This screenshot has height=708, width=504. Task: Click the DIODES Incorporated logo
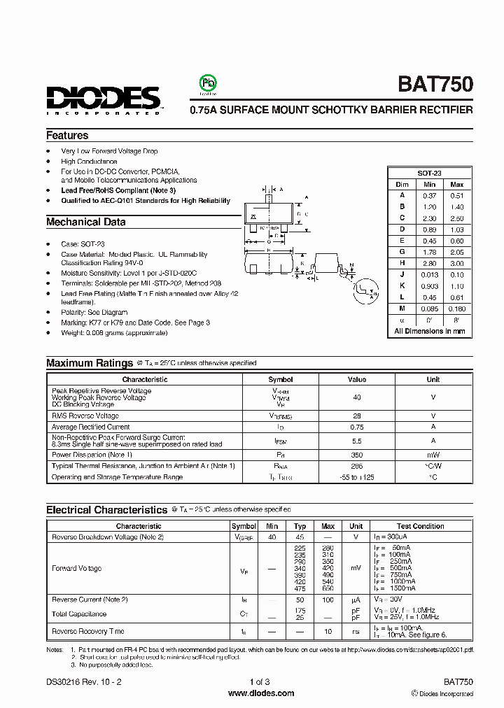pos(104,99)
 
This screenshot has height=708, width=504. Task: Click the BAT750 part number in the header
pos(435,85)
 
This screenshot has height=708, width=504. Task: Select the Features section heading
pos(67,136)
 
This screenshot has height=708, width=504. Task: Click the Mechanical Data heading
pos(86,222)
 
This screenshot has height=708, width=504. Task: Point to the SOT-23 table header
pos(429,173)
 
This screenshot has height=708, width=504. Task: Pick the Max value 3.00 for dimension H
pos(457,263)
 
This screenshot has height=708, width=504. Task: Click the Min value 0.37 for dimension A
pos(429,196)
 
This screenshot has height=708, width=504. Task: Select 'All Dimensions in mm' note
pos(429,331)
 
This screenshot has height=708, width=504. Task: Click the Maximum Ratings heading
pos(90,363)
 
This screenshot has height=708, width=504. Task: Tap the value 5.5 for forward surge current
pos(357,441)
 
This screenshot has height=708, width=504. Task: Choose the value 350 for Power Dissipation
pos(357,455)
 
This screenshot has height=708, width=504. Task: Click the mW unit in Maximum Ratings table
pos(433,455)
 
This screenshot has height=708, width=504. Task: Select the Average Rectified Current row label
pos(90,427)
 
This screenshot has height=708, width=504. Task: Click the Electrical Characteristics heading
pos(107,510)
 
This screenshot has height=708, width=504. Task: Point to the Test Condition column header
pos(420,526)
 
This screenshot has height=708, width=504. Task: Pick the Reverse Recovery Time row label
pos(88,632)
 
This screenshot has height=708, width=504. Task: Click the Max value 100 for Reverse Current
pos(328,600)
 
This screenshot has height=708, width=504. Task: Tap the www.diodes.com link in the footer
pos(261,693)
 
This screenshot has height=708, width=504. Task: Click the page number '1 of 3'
pos(260,682)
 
